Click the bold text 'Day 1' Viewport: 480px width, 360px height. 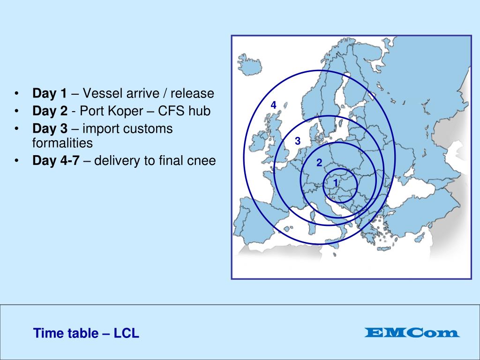click(x=49, y=94)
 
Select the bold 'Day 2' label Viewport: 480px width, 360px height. click(x=49, y=112)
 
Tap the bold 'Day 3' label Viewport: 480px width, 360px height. click(x=49, y=129)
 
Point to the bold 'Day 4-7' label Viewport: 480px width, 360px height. click(x=55, y=161)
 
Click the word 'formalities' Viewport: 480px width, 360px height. click(x=62, y=143)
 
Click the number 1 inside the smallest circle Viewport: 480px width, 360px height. click(x=336, y=182)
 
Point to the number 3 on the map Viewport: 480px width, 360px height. click(x=297, y=141)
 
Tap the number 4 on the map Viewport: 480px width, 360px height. click(x=273, y=105)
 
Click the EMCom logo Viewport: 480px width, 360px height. click(x=412, y=333)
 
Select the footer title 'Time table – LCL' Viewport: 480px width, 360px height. click(x=86, y=334)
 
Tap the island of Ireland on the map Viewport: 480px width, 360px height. click(x=259, y=141)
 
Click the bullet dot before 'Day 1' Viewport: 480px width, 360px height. click(x=17, y=94)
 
